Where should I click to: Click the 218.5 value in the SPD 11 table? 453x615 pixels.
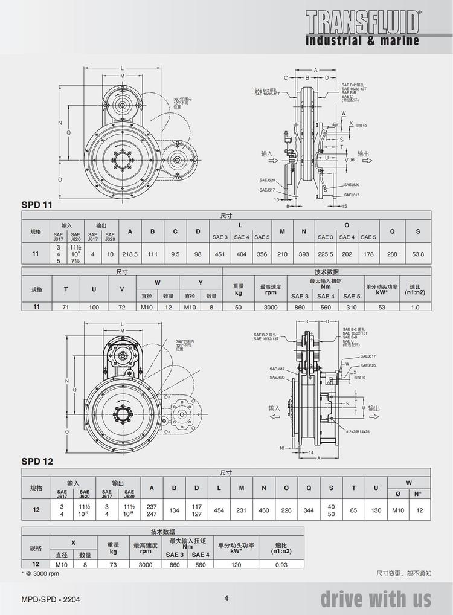point(130,254)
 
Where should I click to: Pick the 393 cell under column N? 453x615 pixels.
point(304,254)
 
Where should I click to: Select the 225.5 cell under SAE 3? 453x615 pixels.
point(326,254)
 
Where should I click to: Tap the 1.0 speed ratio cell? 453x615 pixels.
point(414,306)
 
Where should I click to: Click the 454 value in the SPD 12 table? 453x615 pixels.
point(219,510)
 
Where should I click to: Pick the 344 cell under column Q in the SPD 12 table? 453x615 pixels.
point(308,510)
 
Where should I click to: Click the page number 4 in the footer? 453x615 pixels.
point(226,598)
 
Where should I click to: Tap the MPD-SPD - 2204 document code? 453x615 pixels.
point(50,599)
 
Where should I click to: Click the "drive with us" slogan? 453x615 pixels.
point(376,599)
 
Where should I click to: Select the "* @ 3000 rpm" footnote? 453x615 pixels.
point(40,573)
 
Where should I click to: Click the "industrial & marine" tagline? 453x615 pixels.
point(362,41)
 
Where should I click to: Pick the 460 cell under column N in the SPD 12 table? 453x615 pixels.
point(264,510)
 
